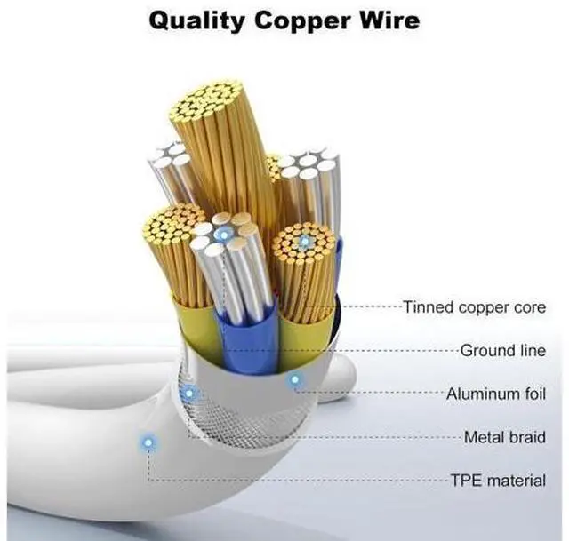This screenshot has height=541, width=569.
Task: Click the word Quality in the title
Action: click(196, 21)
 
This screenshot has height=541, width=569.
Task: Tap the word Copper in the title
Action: click(302, 21)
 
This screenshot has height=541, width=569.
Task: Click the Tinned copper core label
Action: click(474, 307)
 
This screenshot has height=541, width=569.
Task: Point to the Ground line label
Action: click(503, 351)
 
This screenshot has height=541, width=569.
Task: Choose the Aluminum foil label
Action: click(496, 394)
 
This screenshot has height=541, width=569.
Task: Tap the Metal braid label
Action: click(505, 437)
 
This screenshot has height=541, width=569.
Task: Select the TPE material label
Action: click(498, 481)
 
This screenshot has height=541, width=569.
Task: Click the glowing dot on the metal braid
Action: click(189, 393)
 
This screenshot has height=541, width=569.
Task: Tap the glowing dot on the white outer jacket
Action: click(148, 442)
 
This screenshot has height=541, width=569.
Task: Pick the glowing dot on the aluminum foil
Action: click(294, 379)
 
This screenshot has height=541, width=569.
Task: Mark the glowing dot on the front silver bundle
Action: click(224, 235)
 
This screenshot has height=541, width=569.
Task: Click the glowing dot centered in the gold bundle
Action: click(304, 240)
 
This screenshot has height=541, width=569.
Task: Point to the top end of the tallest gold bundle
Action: click(205, 99)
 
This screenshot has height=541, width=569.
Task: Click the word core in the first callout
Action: click(530, 307)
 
